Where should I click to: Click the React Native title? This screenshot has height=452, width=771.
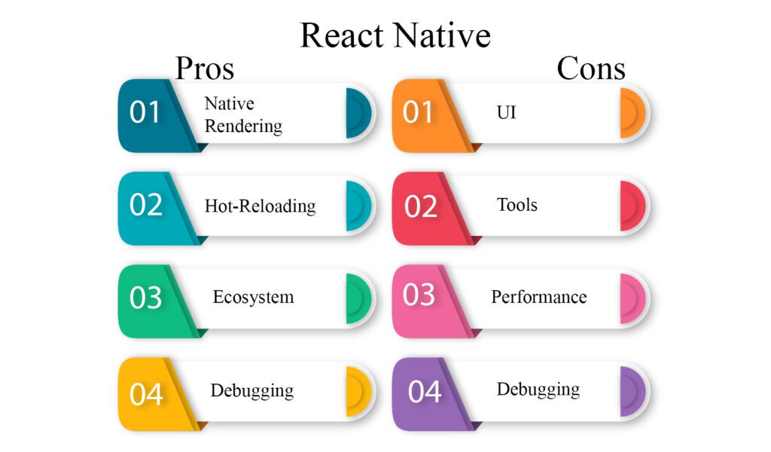(395, 35)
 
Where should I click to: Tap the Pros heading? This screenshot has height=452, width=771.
(205, 69)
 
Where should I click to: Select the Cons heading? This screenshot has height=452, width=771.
(591, 69)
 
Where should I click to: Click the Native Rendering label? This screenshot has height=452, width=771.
(243, 115)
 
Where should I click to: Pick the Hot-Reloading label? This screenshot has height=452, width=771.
(260, 206)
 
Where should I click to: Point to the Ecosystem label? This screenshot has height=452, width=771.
(253, 297)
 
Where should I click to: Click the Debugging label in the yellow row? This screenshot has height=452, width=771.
(252, 390)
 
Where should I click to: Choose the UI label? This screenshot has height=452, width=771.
(507, 113)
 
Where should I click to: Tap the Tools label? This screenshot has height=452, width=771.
(517, 205)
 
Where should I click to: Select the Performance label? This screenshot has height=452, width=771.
(539, 297)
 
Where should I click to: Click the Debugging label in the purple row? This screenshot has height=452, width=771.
(538, 389)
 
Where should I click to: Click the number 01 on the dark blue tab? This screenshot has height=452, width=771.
(145, 112)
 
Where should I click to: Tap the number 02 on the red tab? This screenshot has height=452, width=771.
(421, 206)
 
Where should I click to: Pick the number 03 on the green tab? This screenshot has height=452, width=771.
(145, 298)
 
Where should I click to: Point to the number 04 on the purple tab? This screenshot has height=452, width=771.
(425, 392)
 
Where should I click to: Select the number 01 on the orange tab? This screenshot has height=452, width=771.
(418, 112)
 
